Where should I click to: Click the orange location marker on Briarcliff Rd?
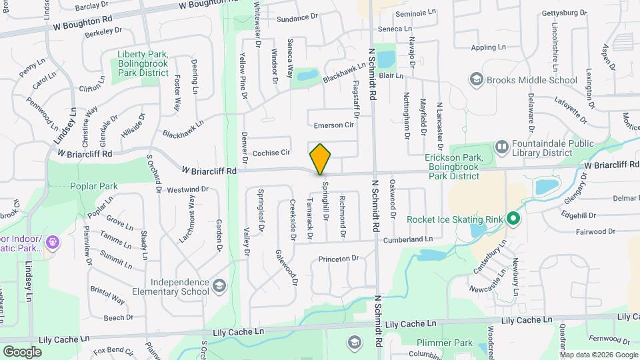[x=321, y=159]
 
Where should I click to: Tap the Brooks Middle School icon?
[x=476, y=81]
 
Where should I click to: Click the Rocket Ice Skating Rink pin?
[x=513, y=218]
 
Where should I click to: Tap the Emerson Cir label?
[x=334, y=125]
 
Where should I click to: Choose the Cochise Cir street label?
[x=271, y=153]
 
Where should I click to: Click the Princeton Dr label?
[x=338, y=258]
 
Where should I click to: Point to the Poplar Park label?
[x=94, y=186]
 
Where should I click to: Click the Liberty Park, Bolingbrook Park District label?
[x=143, y=63]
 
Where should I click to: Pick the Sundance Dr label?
[x=279, y=17]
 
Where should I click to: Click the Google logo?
[x=22, y=351]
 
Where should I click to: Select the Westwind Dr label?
[x=188, y=189]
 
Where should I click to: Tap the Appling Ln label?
[x=489, y=48]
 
